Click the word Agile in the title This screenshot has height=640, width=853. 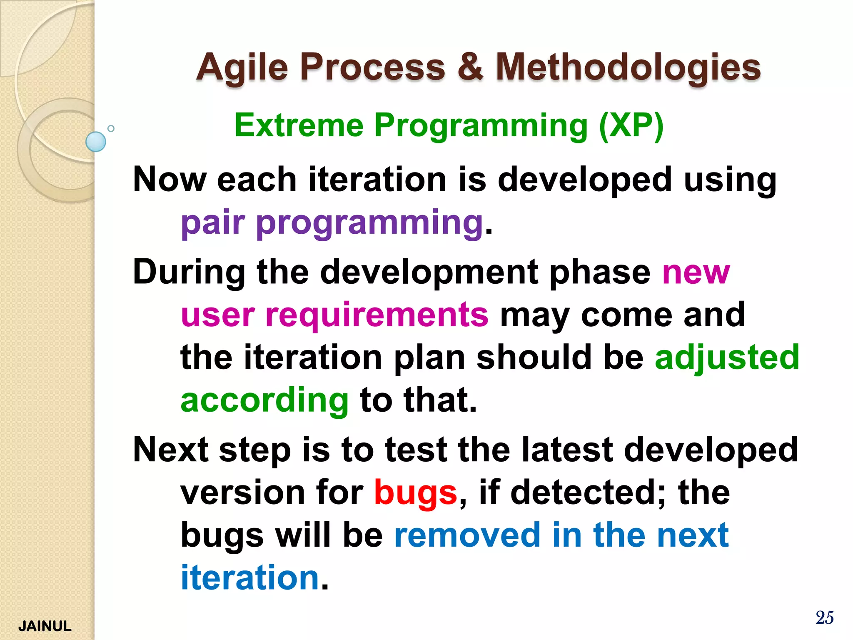pos(242,68)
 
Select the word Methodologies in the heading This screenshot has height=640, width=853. pos(628,68)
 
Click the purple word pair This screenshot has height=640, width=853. pos(212,222)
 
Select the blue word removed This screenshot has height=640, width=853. pos(467,535)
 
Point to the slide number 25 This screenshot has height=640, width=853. pos(824,617)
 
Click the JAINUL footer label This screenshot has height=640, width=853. pos(45,626)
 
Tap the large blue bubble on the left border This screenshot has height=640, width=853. pos(96,142)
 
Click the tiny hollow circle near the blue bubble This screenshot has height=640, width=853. pos(111,128)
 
